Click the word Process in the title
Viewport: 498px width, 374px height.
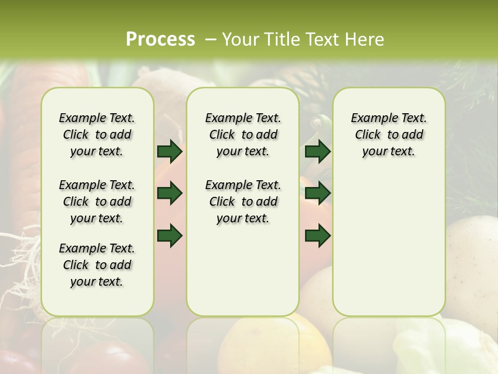160,39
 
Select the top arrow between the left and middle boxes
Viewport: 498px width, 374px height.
170,151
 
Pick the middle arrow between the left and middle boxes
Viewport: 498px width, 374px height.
170,193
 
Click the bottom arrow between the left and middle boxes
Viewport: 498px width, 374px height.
170,235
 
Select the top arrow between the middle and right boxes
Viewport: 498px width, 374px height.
317,151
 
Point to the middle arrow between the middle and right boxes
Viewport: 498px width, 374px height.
317,193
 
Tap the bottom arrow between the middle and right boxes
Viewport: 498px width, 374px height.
317,235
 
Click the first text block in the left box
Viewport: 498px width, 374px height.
97,135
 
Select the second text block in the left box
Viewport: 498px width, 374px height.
97,202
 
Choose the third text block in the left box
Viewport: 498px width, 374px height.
97,265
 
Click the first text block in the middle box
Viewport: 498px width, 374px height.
243,135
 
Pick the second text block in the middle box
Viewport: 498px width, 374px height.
243,202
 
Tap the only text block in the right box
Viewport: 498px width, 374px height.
389,135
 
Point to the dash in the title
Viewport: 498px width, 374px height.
211,39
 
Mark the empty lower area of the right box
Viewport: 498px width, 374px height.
389,239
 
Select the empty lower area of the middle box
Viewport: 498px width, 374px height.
243,270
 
